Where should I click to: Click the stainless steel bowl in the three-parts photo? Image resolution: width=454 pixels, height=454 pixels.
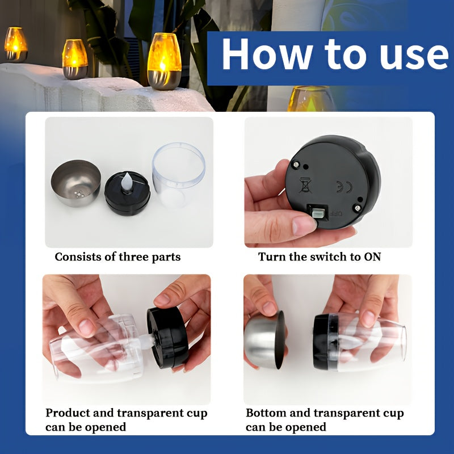click(x=76, y=183)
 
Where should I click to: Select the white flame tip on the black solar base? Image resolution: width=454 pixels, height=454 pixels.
click(x=127, y=182)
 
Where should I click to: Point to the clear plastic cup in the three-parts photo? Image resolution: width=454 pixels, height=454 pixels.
click(x=179, y=175)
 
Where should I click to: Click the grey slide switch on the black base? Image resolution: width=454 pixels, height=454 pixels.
click(x=317, y=214)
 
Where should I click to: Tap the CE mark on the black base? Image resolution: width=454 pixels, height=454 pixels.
click(x=344, y=187)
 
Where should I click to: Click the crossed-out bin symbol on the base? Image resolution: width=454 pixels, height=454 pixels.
click(x=305, y=185)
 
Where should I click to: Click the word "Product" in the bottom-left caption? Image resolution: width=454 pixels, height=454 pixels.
click(x=68, y=413)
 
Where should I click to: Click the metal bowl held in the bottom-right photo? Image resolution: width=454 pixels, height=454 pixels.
click(x=264, y=340)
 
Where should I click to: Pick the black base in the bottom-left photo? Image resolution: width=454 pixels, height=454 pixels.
click(x=167, y=337)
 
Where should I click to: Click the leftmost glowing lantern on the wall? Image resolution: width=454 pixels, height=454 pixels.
click(x=16, y=45)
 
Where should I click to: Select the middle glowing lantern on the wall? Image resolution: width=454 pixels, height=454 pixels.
click(x=75, y=60)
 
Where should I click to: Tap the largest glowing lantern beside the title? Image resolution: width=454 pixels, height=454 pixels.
click(x=164, y=61)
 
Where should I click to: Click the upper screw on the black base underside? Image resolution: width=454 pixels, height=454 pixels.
click(x=296, y=165)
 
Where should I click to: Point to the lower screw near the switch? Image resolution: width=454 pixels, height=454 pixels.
click(x=358, y=208)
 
